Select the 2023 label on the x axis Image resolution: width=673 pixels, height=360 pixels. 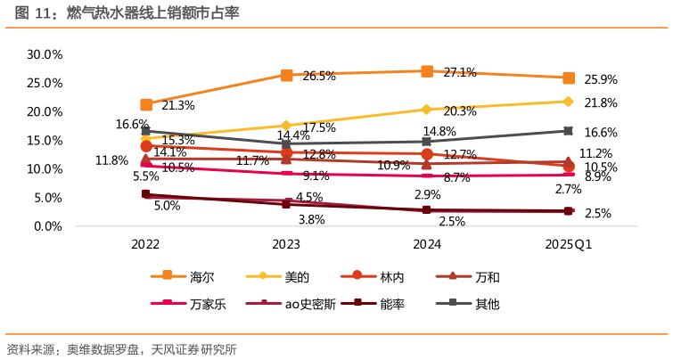[286, 244]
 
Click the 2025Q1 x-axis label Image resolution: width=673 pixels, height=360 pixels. [569, 244]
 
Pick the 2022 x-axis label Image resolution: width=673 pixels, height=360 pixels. [145, 244]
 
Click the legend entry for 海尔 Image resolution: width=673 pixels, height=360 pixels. [189, 277]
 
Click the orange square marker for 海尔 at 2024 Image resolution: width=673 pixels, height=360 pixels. [427, 70]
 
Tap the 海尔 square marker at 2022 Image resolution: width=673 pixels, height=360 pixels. [146, 105]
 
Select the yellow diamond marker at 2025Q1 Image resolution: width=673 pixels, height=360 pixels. [568, 101]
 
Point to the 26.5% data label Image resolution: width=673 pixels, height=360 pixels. [319, 77]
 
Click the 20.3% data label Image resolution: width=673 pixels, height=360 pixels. [459, 111]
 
